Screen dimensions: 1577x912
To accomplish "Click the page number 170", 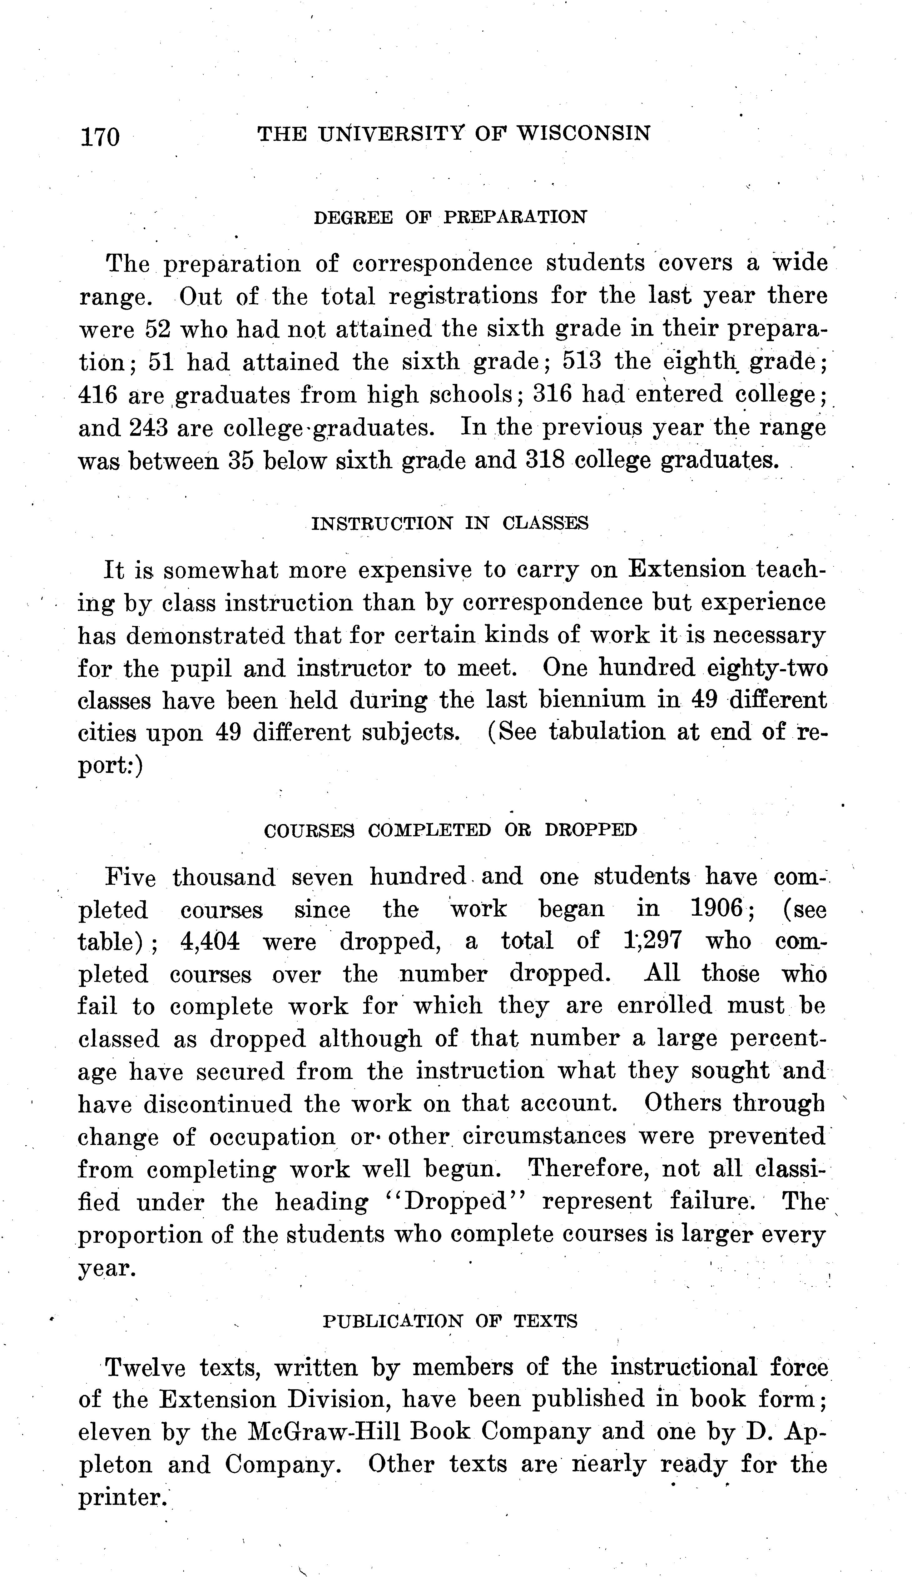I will (99, 135).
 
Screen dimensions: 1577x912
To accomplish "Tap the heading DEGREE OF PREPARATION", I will (450, 218).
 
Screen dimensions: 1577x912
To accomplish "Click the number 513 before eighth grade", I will (582, 361).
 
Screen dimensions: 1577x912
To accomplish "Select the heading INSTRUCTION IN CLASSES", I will (450, 523).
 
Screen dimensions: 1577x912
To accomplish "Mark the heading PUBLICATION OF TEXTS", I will (450, 1321).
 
